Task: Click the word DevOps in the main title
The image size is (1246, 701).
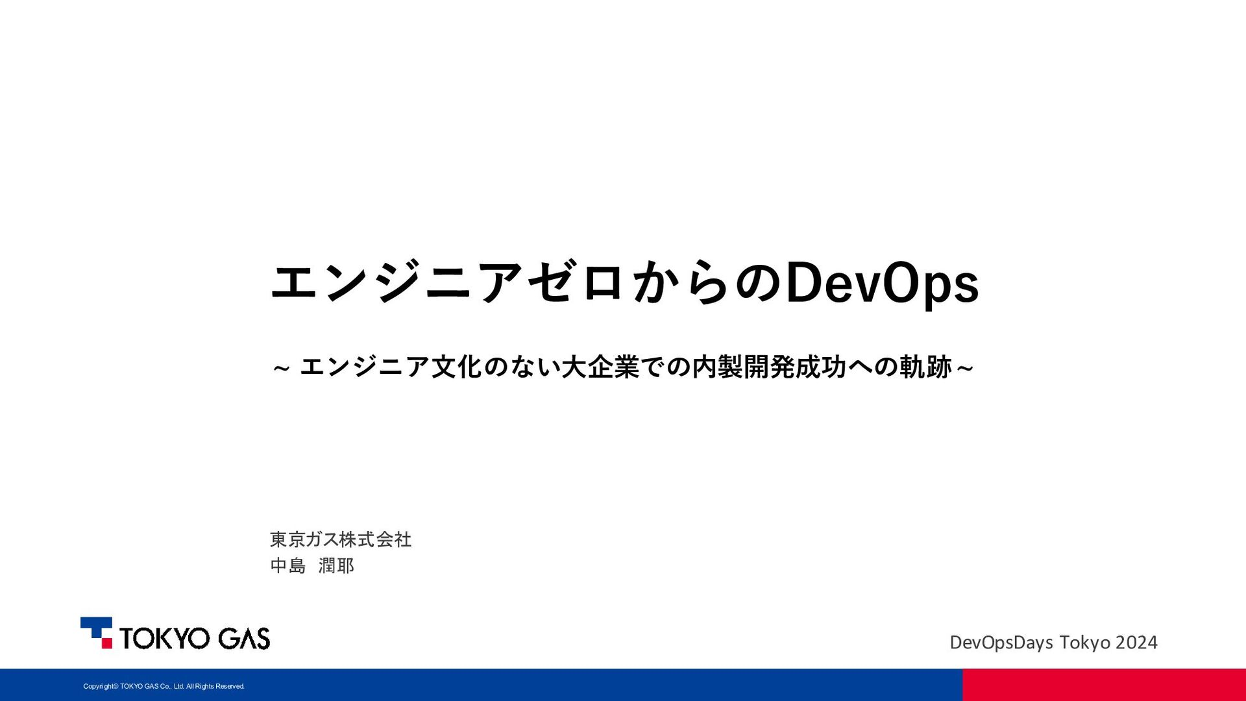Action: click(x=882, y=283)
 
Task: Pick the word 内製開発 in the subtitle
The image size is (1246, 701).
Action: click(x=743, y=367)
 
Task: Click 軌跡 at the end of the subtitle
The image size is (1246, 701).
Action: click(x=926, y=367)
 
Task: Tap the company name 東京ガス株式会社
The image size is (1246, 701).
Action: click(x=341, y=539)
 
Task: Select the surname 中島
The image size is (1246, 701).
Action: click(x=287, y=566)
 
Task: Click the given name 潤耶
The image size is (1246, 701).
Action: click(x=336, y=566)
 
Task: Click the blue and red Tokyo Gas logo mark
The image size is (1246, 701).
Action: click(x=96, y=633)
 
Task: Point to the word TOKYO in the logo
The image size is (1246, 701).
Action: click(x=165, y=638)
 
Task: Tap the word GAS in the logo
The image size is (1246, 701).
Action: click(x=244, y=638)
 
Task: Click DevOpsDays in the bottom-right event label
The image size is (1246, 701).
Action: click(x=1001, y=643)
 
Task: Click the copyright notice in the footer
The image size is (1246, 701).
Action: click(x=164, y=686)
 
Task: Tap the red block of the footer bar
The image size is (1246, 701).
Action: click(x=1104, y=685)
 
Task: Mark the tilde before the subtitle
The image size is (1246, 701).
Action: click(x=281, y=369)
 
